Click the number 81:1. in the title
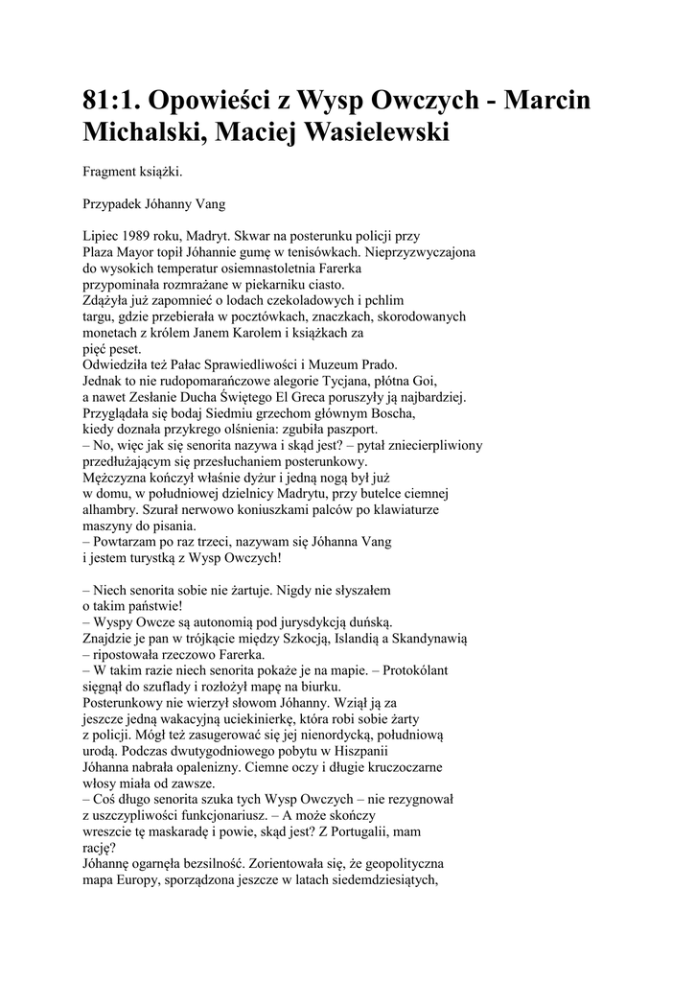click(121, 102)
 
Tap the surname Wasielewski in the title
click(372, 133)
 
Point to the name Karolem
click(236, 332)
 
